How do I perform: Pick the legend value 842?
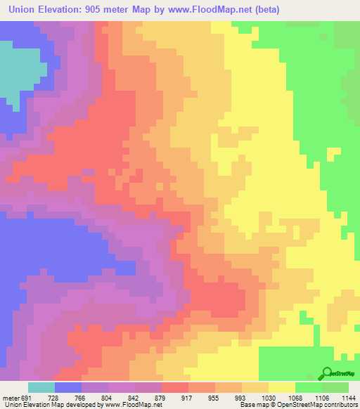(x=134, y=397)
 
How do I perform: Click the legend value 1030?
(x=268, y=397)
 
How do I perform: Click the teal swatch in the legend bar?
(x=41, y=387)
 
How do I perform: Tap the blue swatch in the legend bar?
(x=67, y=387)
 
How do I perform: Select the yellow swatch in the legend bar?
(x=281, y=387)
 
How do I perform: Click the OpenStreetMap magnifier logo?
(x=328, y=372)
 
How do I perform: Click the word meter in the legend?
(x=12, y=397)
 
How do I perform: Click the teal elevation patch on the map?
(x=18, y=70)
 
